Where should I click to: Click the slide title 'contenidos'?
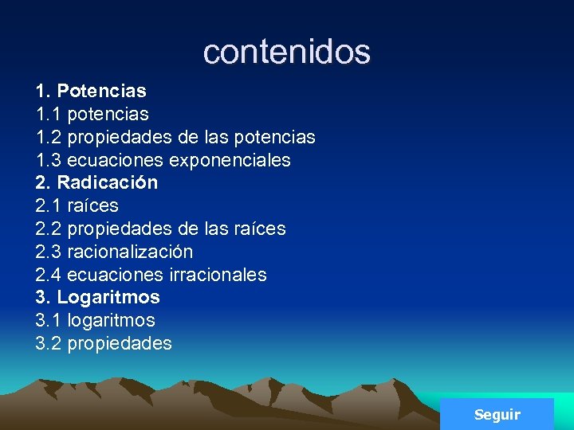(286, 52)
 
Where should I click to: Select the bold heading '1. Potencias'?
(90, 91)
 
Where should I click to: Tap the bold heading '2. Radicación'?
(96, 182)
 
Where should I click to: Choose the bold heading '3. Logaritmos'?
(97, 297)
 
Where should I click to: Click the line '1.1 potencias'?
(92, 114)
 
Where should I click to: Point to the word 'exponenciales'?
(229, 160)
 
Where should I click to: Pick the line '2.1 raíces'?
(77, 205)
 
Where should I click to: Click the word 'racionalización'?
(130, 252)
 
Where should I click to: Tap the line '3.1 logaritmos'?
(95, 320)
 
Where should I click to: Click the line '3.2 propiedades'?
(104, 343)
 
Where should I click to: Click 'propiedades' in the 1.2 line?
(120, 137)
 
